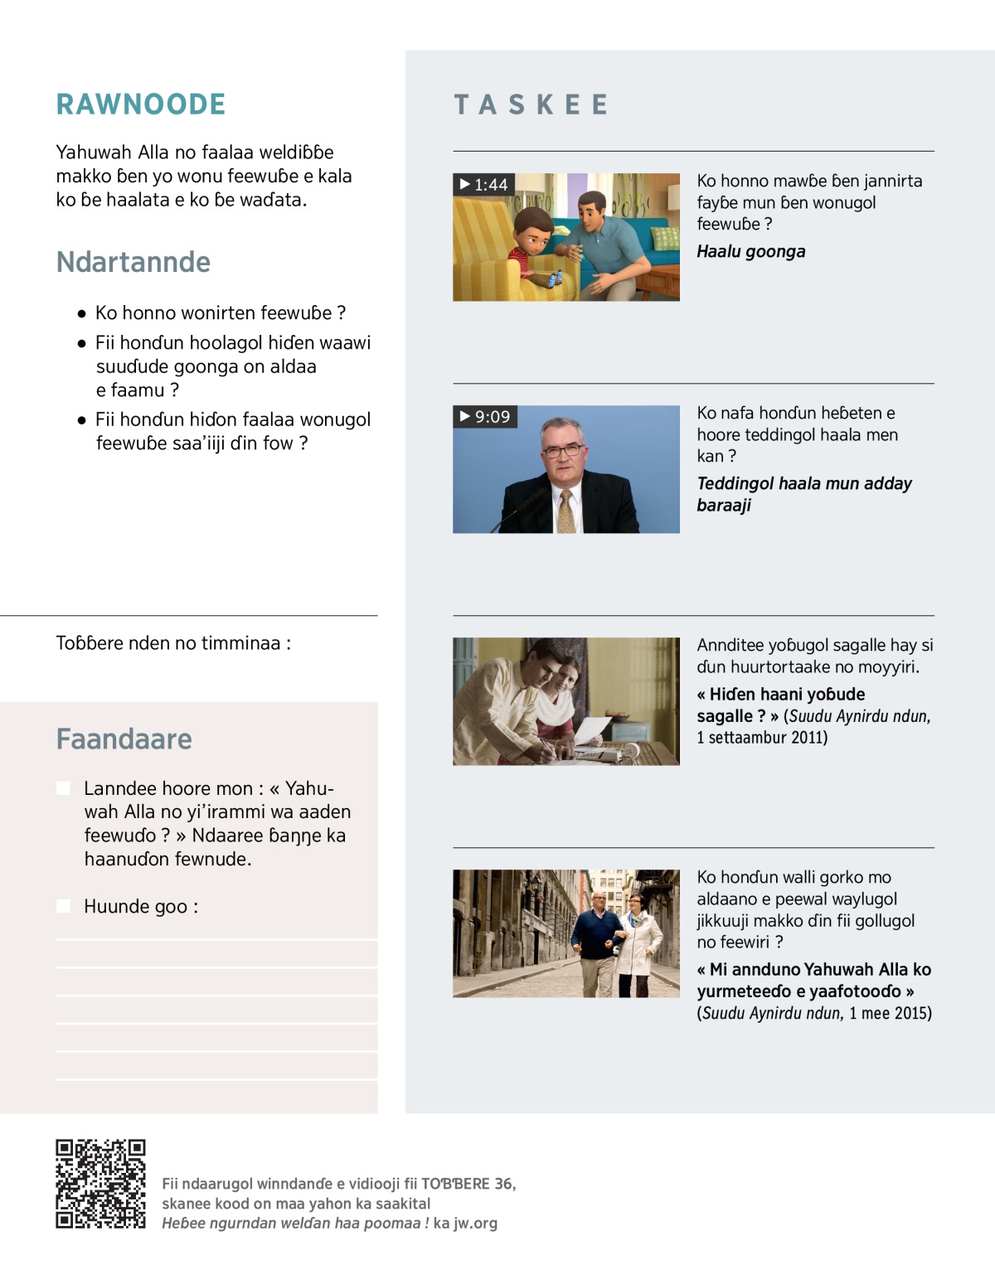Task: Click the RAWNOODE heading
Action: click(x=141, y=104)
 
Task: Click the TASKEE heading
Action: click(x=531, y=104)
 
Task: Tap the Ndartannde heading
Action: click(x=133, y=262)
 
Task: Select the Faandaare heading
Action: click(x=124, y=739)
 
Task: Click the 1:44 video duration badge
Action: click(x=484, y=184)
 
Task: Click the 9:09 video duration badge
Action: click(x=485, y=416)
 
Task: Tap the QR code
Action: click(x=100, y=1184)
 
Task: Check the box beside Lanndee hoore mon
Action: click(x=63, y=788)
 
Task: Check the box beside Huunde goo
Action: click(x=63, y=906)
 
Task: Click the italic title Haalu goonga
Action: click(x=750, y=251)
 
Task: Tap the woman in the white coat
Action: click(x=639, y=937)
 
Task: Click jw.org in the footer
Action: click(x=475, y=1223)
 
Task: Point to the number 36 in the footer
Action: click(x=503, y=1184)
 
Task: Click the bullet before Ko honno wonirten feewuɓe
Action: click(x=81, y=313)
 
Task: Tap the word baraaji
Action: click(x=724, y=505)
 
